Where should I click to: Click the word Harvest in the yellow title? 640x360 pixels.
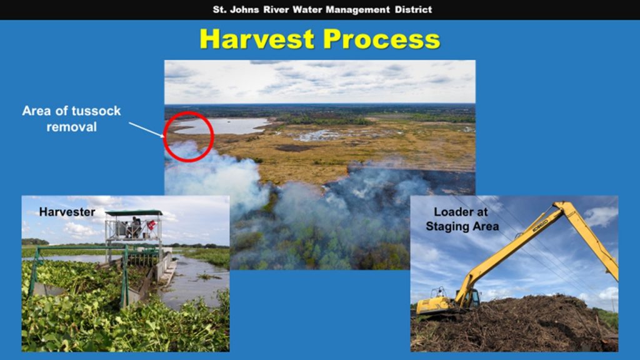click(x=257, y=39)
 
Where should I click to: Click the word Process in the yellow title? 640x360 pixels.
click(x=382, y=39)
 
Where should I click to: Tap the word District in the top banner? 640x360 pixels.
click(x=413, y=9)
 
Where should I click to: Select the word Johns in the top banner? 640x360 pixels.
click(x=244, y=9)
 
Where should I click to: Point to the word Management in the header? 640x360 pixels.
click(x=357, y=9)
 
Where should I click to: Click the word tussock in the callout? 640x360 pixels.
click(x=96, y=111)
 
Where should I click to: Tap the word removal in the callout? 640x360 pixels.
click(x=71, y=127)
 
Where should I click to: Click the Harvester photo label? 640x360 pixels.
click(x=67, y=212)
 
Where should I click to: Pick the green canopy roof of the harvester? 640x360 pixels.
click(x=134, y=212)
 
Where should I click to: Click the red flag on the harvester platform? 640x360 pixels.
click(x=151, y=225)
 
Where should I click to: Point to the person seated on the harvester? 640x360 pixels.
click(x=135, y=226)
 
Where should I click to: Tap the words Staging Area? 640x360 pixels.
click(x=462, y=226)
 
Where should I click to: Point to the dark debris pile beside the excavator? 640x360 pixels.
click(x=514, y=324)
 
